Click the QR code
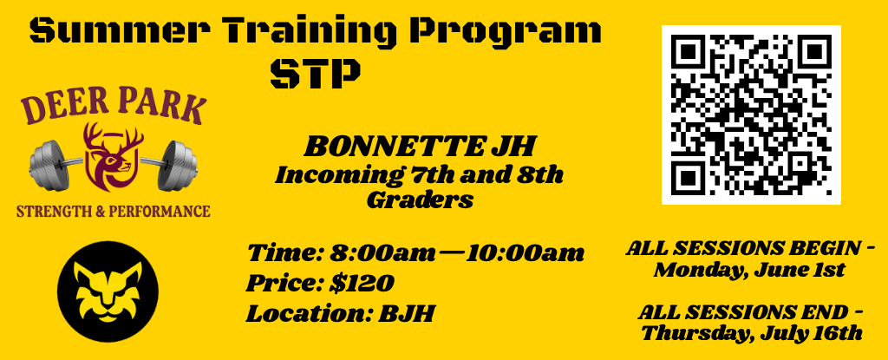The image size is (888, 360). (751, 115)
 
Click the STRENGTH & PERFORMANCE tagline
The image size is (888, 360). (114, 211)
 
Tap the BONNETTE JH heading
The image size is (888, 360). (419, 146)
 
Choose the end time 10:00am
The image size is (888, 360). (526, 253)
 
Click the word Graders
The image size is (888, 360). (420, 200)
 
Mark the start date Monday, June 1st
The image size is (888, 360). (749, 270)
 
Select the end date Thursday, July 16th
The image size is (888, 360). (751, 332)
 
